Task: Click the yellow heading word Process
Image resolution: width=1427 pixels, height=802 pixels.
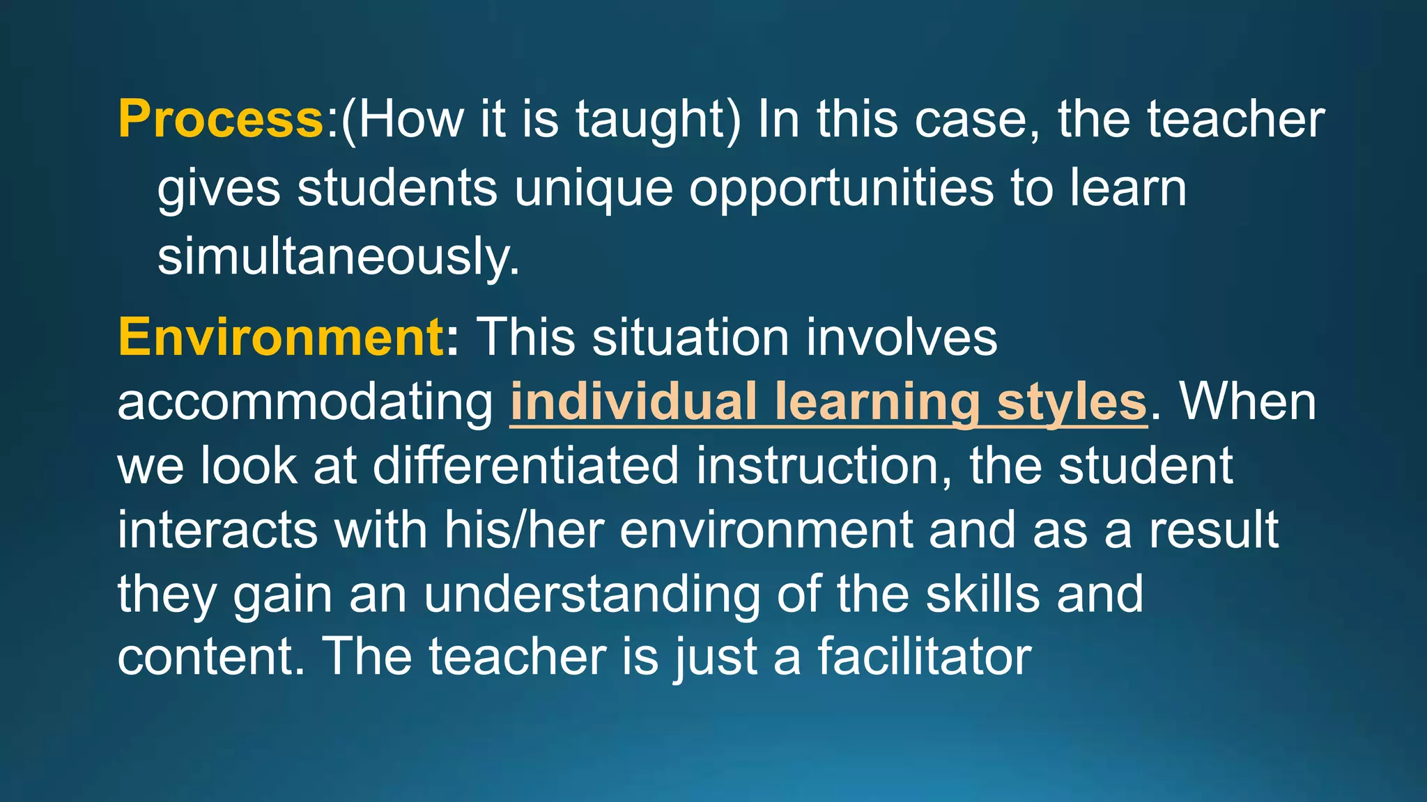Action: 220,120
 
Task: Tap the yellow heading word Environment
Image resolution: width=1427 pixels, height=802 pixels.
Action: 281,337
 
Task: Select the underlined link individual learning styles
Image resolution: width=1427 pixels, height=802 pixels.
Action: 828,402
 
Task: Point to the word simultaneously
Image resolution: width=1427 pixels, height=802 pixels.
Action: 338,256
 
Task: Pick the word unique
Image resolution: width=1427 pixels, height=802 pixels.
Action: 593,188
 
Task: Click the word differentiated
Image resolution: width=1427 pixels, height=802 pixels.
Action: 525,466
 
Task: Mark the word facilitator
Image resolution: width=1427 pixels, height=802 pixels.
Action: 924,656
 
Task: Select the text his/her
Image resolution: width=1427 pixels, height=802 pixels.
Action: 524,530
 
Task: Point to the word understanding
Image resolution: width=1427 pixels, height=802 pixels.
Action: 592,594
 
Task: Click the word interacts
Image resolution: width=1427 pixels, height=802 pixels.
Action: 217,530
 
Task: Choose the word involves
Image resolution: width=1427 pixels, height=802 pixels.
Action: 902,337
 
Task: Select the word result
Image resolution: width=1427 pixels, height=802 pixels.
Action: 1214,530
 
